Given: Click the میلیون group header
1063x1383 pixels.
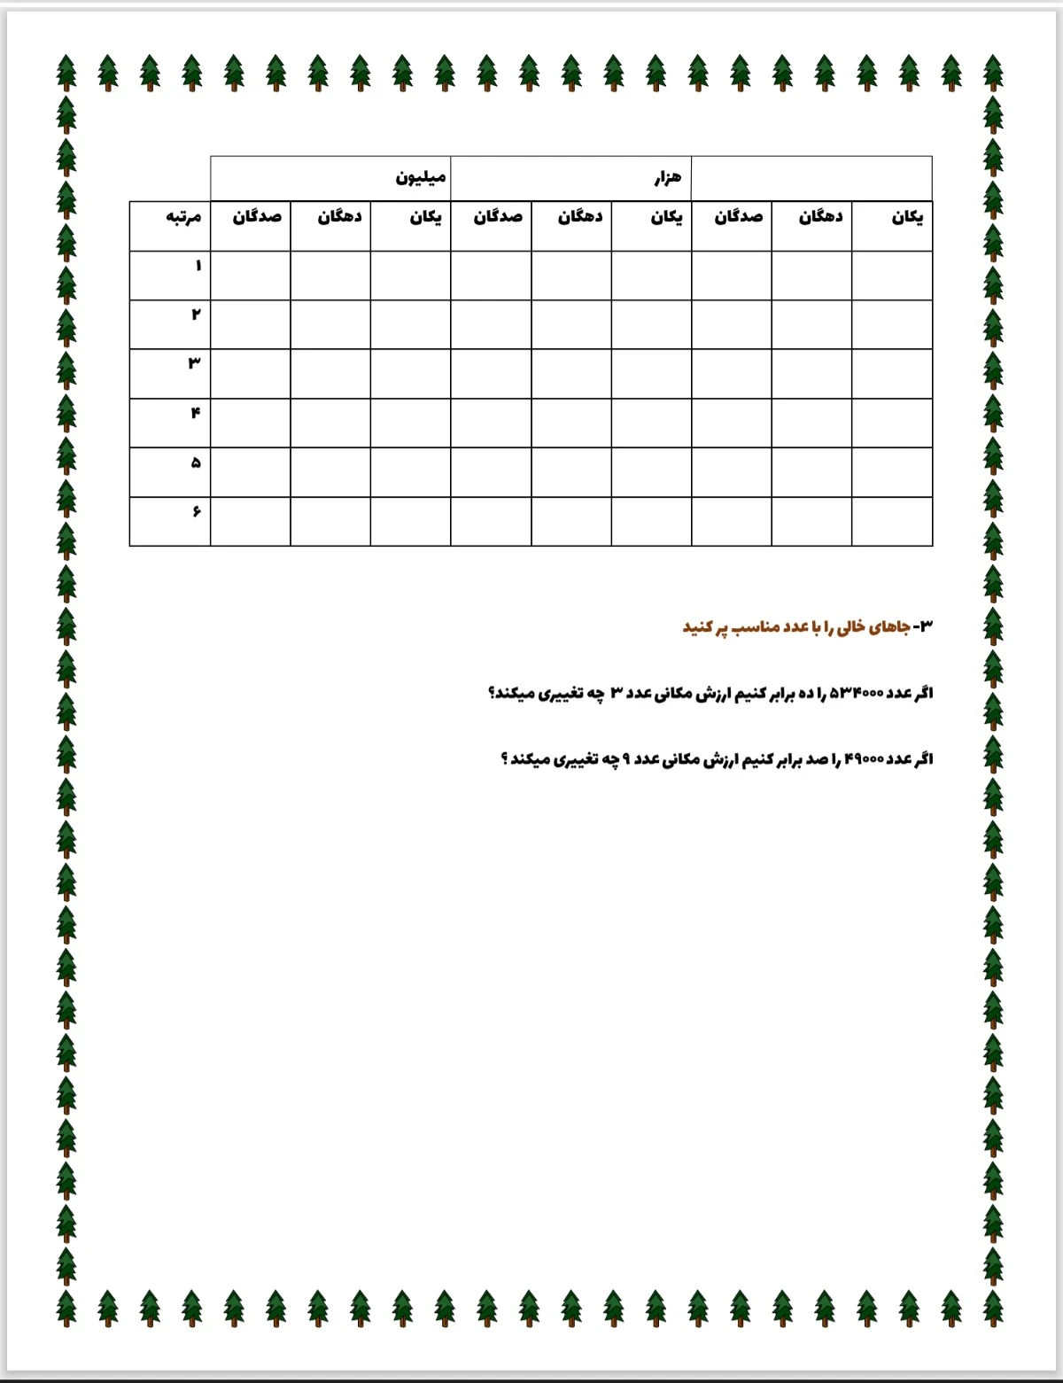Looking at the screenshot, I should [420, 177].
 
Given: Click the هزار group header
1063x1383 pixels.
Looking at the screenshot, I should [668, 177].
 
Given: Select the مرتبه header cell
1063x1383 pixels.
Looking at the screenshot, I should [183, 217].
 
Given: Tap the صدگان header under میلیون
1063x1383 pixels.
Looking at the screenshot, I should [257, 217].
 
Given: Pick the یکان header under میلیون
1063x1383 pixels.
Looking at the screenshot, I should [425, 217].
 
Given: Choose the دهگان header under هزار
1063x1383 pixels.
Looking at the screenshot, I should [579, 217].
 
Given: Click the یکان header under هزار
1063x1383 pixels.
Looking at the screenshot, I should [666, 217].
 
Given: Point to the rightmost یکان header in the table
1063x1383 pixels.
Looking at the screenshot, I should [907, 217].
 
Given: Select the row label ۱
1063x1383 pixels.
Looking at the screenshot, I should [198, 266].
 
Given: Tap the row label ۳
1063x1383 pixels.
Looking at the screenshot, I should [194, 362].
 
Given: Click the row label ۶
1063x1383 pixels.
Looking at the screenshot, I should [196, 511].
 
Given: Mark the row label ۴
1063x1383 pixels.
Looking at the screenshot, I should [195, 412].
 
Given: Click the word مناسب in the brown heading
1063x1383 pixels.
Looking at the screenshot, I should [754, 627].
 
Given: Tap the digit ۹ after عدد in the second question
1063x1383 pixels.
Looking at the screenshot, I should [625, 759].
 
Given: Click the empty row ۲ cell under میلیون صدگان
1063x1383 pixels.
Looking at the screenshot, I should [250, 324].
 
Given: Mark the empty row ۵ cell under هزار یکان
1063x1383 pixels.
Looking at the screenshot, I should [651, 472].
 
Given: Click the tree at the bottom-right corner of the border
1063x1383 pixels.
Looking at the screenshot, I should [993, 1308].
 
